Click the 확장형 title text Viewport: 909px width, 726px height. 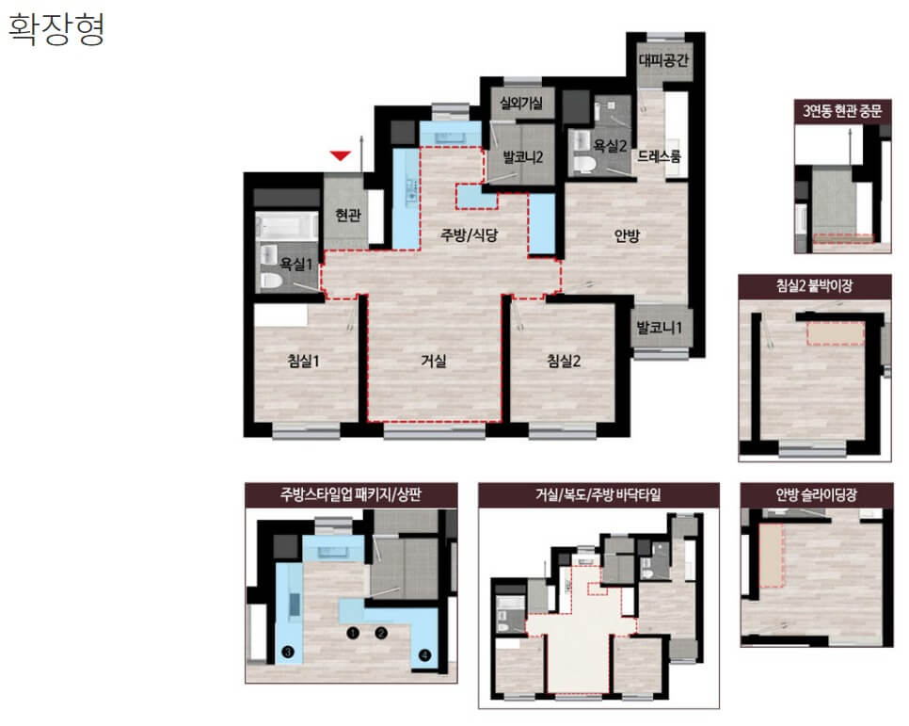[x=56, y=29]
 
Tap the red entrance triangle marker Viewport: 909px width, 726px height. [x=341, y=155]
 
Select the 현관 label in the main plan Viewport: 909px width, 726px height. [x=348, y=216]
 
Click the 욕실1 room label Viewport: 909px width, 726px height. [x=295, y=265]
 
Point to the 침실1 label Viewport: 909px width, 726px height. [x=304, y=361]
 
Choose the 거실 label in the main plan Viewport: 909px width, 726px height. [x=434, y=361]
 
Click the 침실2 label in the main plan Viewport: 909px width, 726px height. [x=564, y=361]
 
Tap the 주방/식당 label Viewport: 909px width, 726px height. [x=469, y=234]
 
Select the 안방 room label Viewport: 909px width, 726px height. [x=627, y=235]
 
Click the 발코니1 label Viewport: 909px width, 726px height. [x=659, y=328]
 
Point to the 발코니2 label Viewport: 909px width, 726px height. [x=522, y=157]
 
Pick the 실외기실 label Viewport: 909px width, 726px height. [x=521, y=104]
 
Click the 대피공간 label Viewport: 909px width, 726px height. [x=663, y=60]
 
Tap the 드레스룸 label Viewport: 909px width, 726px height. [x=659, y=156]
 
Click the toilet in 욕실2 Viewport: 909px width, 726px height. [x=584, y=164]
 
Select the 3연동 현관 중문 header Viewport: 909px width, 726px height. [x=842, y=111]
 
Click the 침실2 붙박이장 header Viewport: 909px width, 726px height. [x=815, y=285]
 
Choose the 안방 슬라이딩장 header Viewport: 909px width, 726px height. [x=816, y=495]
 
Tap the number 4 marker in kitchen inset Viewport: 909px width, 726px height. [x=425, y=655]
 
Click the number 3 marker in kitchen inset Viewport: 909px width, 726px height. [x=288, y=652]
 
